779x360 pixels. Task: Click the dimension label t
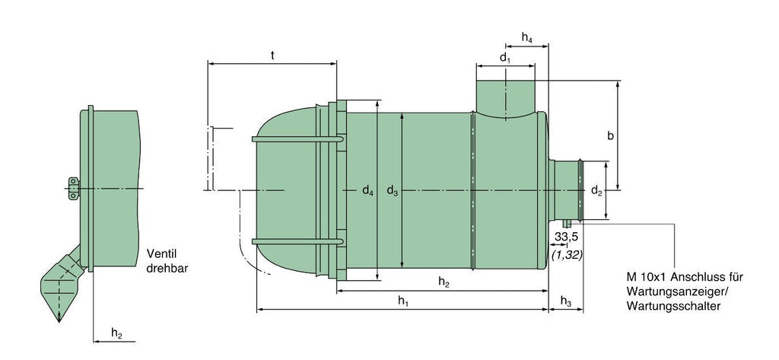point(273,56)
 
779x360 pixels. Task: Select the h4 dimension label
point(528,37)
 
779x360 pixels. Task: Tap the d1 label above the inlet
point(505,58)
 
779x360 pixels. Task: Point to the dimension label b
point(611,136)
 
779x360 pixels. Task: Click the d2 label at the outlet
point(596,190)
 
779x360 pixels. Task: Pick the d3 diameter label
point(393,190)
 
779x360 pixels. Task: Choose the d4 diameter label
point(367,190)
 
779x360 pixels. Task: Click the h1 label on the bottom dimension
point(403,300)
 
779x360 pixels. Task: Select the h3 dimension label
point(566,301)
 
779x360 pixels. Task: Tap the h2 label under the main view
point(444,282)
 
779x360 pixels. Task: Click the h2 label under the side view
point(116,333)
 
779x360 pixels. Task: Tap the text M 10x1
point(644,277)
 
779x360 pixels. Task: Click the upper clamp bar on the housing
point(297,139)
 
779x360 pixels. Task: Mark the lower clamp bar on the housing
point(297,242)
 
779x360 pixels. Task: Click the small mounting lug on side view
point(74,189)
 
